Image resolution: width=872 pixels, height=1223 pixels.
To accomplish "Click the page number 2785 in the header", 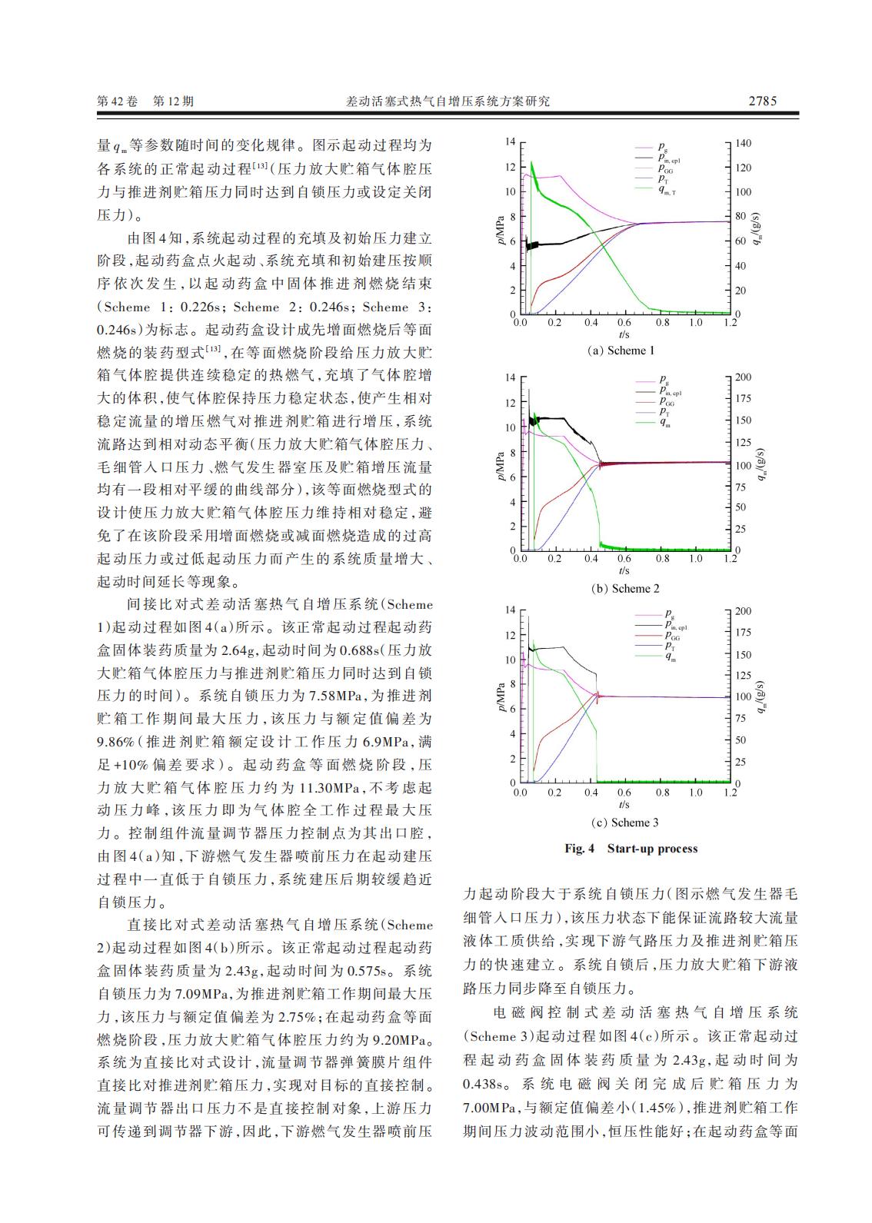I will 762,101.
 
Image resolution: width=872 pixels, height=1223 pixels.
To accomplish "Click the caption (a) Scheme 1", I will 621,351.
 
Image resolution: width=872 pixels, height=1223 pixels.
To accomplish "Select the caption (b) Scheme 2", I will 625,589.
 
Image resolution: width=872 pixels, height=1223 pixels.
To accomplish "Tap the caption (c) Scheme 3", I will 624,823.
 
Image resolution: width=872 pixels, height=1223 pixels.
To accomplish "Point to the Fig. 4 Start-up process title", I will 631,849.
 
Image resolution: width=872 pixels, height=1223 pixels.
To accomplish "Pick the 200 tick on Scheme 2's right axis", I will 743,377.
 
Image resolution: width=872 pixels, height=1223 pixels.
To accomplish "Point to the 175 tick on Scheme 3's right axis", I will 743,633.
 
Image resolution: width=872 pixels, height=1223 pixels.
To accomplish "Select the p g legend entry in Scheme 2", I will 664,380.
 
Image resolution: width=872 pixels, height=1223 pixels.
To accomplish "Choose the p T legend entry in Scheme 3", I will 663,646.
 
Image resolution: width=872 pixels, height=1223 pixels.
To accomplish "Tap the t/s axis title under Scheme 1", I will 624,335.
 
